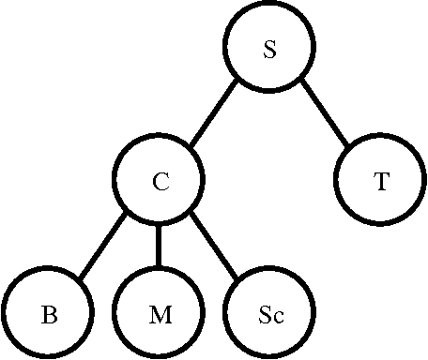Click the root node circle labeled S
click(269, 50)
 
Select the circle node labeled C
click(160, 182)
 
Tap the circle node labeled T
click(380, 182)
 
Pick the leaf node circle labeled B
click(49, 313)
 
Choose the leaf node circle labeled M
click(160, 313)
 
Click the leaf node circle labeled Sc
click(270, 313)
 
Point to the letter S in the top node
click(269, 51)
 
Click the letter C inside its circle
click(160, 183)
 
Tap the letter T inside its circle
click(380, 183)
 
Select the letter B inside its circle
click(49, 314)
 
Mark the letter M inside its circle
click(160, 314)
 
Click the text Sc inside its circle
click(270, 314)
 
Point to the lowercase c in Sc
click(277, 316)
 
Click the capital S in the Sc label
click(265, 314)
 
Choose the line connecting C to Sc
click(215, 247)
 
